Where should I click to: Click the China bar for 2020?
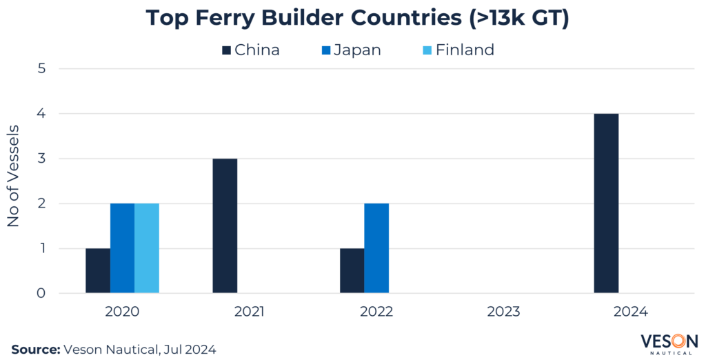pos(98,271)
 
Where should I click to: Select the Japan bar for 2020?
pos(122,248)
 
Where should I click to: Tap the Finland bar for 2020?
pos(147,248)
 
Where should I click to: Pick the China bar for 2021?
pos(225,226)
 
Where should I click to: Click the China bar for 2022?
pos(352,271)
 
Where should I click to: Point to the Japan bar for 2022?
pos(376,248)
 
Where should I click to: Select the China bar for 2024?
pos(606,203)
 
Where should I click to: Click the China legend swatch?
pos(226,50)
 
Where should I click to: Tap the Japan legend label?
pos(357,50)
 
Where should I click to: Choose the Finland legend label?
pos(465,50)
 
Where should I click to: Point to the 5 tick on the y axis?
pos(41,69)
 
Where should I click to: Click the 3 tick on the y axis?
pos(41,159)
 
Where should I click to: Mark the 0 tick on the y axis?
pos(41,294)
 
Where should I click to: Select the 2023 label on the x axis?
pos(503,312)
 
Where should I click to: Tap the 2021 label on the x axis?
pos(250,312)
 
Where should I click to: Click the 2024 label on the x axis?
pos(630,312)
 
